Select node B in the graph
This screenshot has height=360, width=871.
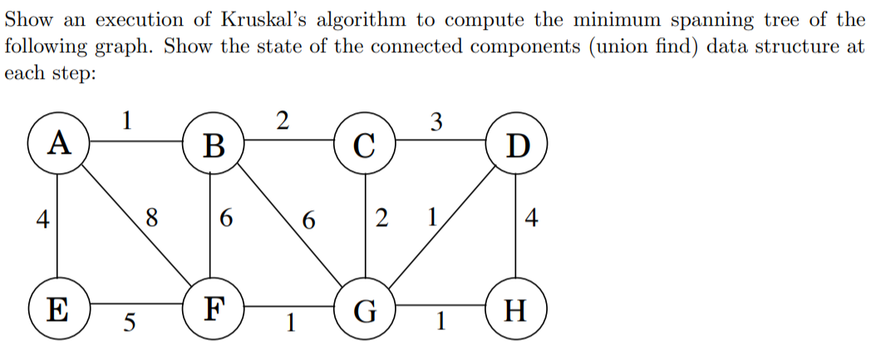213,147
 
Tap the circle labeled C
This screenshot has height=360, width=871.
366,147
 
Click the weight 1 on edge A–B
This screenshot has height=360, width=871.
126,121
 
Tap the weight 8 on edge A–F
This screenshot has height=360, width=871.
150,219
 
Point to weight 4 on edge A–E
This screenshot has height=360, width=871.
41,220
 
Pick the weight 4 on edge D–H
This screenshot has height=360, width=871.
533,220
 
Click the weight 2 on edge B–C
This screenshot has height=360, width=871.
281,121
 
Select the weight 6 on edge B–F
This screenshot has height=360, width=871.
227,220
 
